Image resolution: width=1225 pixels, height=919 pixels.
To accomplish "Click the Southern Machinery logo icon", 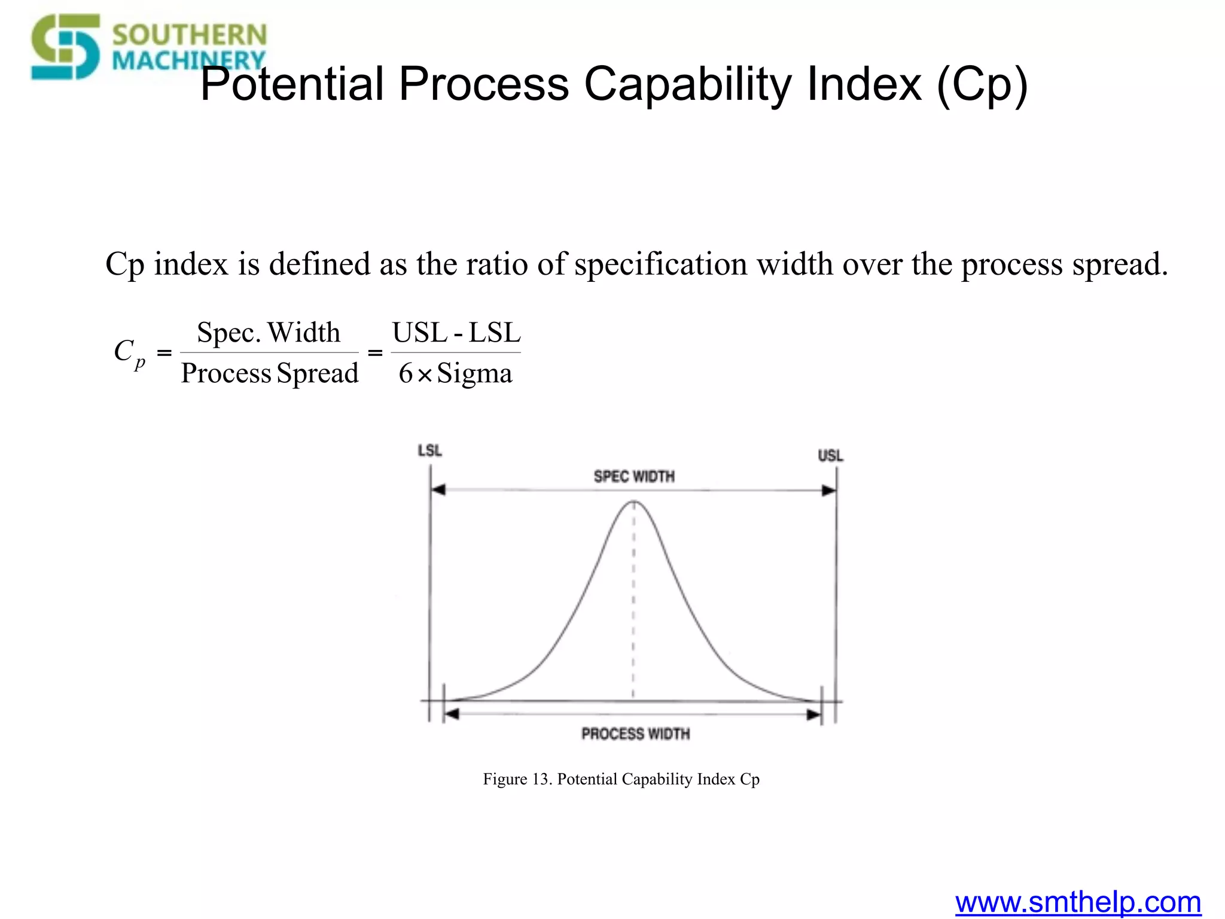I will pos(66,47).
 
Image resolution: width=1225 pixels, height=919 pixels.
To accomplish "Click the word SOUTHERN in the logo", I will pos(189,35).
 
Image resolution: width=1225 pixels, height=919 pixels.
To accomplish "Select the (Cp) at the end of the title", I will pos(982,85).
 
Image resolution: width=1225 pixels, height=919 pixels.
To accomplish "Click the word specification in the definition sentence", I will pos(660,264).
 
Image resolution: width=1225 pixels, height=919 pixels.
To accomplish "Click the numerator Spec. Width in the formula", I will pos(269,333).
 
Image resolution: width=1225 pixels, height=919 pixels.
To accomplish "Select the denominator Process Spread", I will pos(270,373).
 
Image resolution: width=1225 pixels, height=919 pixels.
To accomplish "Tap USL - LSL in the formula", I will pos(456,333).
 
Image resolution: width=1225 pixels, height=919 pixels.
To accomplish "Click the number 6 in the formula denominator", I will pos(406,374).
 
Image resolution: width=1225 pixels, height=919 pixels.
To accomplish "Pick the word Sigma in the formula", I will pos(474,374).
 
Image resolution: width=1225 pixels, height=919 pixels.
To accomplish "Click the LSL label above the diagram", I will pos(429,451).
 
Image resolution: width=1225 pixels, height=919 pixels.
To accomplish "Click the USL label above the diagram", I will pos(830,456).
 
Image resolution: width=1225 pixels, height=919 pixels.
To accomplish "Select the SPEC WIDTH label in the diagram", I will pos(634,476).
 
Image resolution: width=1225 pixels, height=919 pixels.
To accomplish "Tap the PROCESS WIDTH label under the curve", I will pos(635,734).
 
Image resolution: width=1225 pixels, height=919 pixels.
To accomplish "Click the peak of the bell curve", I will pos(634,502).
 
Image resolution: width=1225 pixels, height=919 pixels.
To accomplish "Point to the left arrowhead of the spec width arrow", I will pos(438,490).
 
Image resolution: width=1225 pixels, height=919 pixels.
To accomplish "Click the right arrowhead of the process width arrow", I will pos(814,714).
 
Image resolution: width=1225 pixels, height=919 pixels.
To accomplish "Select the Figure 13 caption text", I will pos(621,779).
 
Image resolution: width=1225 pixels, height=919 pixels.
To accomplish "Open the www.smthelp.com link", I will pos(1078,902).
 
